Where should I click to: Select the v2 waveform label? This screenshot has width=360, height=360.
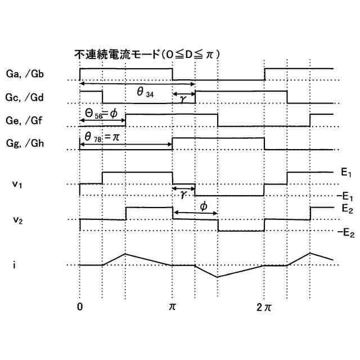(x=17, y=219)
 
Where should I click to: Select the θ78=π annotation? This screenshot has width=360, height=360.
(x=103, y=137)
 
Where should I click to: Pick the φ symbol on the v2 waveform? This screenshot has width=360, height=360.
(x=204, y=207)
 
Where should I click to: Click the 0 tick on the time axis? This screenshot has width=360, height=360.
(x=80, y=307)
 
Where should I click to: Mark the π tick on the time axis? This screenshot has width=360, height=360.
(x=172, y=307)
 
